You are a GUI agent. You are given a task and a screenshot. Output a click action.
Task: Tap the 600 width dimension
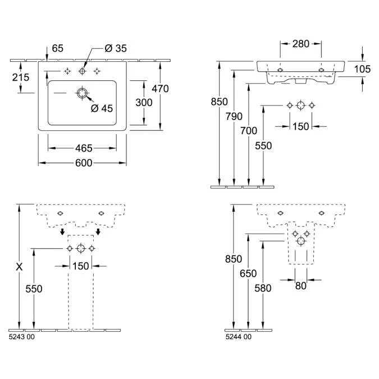83,163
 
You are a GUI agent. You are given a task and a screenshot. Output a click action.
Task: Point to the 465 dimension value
83,148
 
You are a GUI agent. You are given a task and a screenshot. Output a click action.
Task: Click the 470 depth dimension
160,88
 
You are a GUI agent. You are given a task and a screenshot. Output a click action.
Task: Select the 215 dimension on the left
21,77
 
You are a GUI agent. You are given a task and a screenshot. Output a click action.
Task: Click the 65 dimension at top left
58,49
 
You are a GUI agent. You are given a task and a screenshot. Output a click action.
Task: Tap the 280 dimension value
300,43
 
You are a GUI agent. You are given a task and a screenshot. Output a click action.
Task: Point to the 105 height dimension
363,69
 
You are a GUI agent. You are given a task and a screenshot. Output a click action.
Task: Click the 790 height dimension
234,116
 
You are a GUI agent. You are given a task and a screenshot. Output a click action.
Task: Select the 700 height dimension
248,131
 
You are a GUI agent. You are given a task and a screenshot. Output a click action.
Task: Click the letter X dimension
19,267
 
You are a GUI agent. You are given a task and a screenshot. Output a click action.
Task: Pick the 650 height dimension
248,273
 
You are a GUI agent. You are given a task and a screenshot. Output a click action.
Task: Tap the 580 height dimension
263,288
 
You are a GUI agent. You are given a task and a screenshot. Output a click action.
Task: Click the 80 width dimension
301,286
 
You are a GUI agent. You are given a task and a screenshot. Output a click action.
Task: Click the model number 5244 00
239,337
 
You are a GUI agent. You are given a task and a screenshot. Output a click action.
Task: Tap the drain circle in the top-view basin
83,93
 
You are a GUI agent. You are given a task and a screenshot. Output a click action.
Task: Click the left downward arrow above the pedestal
62,231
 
